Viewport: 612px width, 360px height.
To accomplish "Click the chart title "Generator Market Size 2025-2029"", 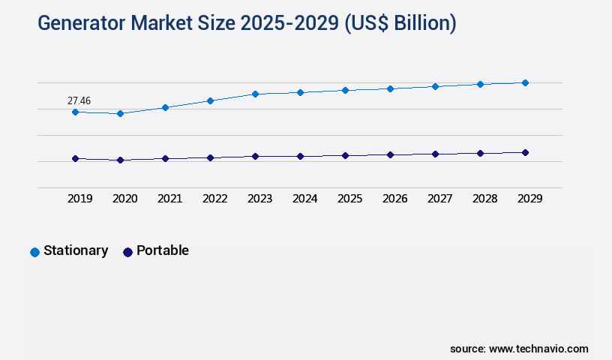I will click(x=247, y=23).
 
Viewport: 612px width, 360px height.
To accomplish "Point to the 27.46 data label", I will click(x=79, y=100).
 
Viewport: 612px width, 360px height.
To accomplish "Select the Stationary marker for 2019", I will click(x=75, y=112).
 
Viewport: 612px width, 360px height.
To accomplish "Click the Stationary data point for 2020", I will click(x=120, y=113).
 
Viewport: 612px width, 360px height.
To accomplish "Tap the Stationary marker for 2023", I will click(x=255, y=94).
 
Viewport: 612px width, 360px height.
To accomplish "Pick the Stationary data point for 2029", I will click(x=525, y=82).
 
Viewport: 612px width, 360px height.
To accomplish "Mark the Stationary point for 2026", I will click(x=390, y=88).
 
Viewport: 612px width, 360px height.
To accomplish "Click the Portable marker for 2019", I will click(x=75, y=158).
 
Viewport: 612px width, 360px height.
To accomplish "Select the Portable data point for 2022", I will click(x=210, y=157).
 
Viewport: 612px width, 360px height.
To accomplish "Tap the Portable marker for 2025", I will click(x=345, y=155).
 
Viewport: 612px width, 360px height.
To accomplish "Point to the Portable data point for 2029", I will click(x=525, y=152).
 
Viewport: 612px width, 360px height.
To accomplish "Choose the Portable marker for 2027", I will click(x=435, y=154).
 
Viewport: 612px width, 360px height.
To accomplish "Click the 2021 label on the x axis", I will click(x=169, y=199).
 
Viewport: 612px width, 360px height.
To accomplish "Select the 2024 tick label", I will click(x=304, y=199).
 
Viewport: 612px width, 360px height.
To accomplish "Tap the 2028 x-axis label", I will click(x=484, y=199).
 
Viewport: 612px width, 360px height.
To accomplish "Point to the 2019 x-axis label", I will click(x=79, y=199).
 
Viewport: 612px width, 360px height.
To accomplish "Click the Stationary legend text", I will click(x=76, y=250).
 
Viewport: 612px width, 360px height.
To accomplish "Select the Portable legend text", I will click(x=163, y=250).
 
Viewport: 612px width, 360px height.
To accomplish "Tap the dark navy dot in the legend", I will click(x=127, y=252).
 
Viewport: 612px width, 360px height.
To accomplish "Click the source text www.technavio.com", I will click(x=538, y=349).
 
